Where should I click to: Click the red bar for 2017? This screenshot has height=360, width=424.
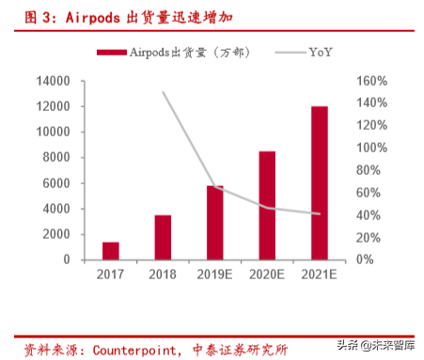point(111,250)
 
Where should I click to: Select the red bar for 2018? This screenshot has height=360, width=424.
point(163,237)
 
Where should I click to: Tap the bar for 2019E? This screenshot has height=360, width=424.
point(215,222)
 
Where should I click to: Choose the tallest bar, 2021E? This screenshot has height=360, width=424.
point(320,182)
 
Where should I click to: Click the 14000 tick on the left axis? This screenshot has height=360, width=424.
point(54,81)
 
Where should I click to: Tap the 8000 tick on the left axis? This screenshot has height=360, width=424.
point(56,157)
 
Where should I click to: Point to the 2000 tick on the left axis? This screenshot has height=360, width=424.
point(56,234)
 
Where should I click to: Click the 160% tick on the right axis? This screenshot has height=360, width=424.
point(370,81)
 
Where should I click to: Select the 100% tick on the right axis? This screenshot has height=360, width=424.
point(370,148)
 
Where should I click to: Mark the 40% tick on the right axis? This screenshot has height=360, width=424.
point(368,215)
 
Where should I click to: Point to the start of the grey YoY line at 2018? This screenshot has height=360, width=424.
point(164,92)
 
